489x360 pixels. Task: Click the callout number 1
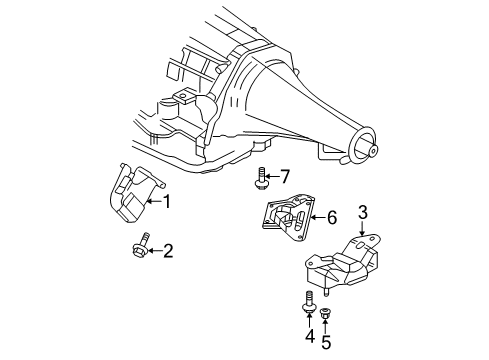[167, 202]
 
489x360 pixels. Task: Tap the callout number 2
[168, 250]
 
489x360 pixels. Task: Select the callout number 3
[363, 211]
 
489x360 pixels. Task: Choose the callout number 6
[333, 216]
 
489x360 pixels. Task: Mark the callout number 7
[285, 177]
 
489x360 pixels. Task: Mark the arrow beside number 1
[152, 202]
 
